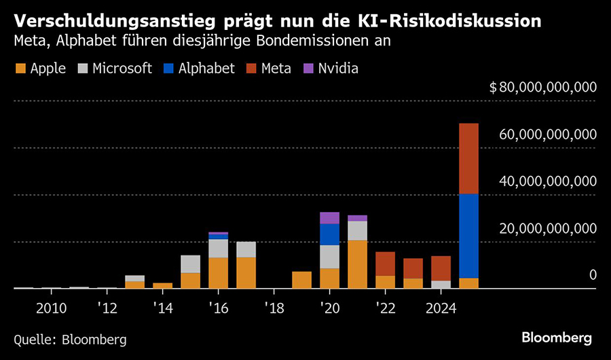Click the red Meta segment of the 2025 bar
coord(468,159)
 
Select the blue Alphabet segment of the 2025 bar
coord(468,236)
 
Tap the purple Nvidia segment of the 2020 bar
coord(329,217)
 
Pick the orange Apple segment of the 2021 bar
coord(357,264)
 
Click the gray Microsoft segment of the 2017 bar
coord(246,249)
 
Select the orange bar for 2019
coord(301,280)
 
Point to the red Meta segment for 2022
coord(385,264)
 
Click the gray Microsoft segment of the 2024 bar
coord(441,284)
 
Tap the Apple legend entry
coord(40,69)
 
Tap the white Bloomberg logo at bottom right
coord(557,338)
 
